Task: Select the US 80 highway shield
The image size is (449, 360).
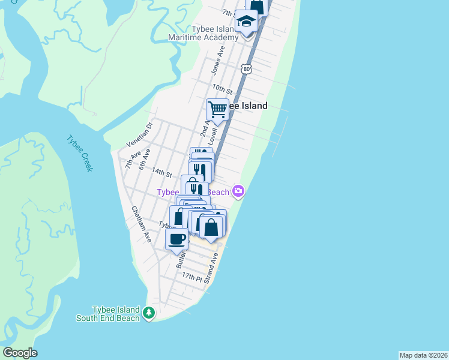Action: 247,69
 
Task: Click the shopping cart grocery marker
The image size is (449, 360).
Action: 217,109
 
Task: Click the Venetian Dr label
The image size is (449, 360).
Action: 141,135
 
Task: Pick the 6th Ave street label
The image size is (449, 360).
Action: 144,158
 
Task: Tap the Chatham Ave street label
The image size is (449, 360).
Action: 142,224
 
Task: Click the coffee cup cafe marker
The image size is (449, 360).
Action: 176,238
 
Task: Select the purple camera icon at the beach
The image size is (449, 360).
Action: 239,191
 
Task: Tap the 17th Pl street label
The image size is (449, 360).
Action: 192,277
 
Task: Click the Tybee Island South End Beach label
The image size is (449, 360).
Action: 107,313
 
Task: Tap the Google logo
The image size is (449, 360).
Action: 20,353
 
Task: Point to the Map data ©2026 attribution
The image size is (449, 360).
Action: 423,355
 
